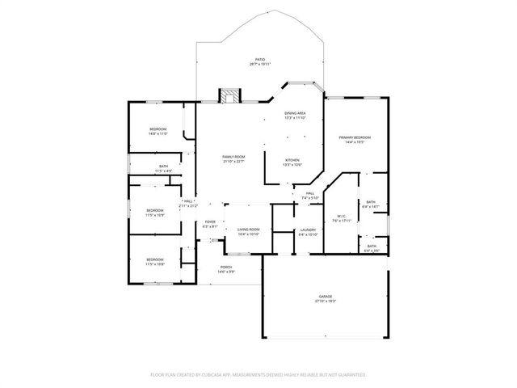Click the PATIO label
click(x=259, y=59)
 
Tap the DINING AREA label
click(x=295, y=113)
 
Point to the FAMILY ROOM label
click(x=233, y=156)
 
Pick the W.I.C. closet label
click(x=341, y=215)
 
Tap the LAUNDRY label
click(x=307, y=230)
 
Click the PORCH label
click(x=226, y=267)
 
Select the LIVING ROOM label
click(x=248, y=230)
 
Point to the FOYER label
click(x=210, y=222)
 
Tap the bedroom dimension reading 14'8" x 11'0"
click(x=158, y=134)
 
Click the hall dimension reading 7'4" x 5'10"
click(x=310, y=198)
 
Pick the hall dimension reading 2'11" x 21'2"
click(x=188, y=206)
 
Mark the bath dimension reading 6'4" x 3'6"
click(x=371, y=251)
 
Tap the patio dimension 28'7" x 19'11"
click(x=259, y=64)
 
